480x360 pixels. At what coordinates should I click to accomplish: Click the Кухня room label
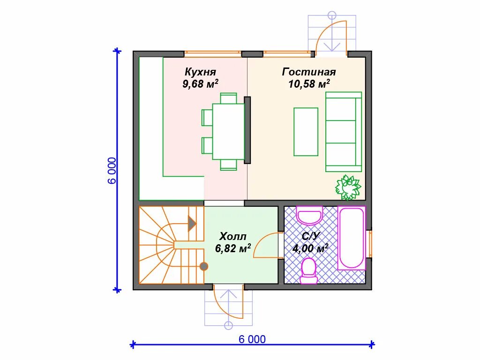coord(200,72)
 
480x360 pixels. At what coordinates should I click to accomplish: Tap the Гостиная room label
coord(309,72)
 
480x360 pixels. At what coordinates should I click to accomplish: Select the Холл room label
coord(233,237)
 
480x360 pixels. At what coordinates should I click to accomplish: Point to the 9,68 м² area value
coord(200,83)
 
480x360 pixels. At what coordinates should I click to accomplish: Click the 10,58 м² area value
coord(309,83)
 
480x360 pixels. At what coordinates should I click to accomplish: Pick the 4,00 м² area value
coord(310,248)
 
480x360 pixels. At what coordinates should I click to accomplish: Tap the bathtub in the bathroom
coord(352,238)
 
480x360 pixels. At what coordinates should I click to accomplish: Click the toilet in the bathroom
coord(308,271)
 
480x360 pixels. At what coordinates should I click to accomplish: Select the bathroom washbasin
coord(309,215)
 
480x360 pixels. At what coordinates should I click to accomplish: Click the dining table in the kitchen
coord(229,131)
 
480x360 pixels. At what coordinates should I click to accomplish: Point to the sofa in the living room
coord(344,132)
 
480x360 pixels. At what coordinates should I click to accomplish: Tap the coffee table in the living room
coord(306,132)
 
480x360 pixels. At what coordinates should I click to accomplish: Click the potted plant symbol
coord(348,187)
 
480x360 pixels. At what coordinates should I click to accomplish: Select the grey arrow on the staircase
coord(192,224)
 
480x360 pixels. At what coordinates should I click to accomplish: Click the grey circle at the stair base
coord(203,266)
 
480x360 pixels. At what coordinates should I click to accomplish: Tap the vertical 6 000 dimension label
coord(112,171)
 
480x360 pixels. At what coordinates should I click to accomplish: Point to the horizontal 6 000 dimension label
coord(252,339)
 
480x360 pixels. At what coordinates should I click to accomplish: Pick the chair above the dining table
coord(228,98)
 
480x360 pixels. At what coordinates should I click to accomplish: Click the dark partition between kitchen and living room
coord(247,130)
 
